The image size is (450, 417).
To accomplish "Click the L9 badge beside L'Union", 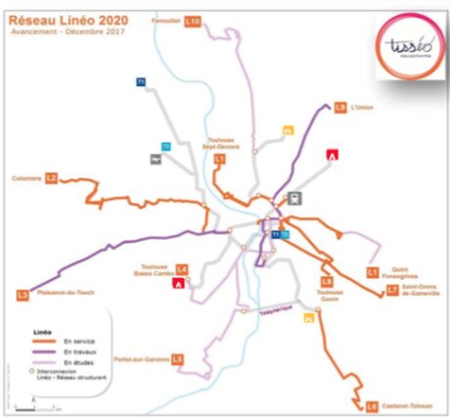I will pos(340,107).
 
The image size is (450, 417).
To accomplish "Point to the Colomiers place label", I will pos(25,178).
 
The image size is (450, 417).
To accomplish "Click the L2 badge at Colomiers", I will pos(52,178).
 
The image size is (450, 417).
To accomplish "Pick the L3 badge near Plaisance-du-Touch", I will pos(22,293).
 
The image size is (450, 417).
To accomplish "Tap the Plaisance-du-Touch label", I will pos(63,292).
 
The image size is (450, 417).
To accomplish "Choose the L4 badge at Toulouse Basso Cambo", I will pos(181,267).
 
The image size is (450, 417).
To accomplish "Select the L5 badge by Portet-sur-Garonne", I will pos(176,359).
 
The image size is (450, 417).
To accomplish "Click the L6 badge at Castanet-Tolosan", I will pos(372,405).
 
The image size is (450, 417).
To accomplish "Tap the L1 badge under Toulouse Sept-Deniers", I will pos(220,158).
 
